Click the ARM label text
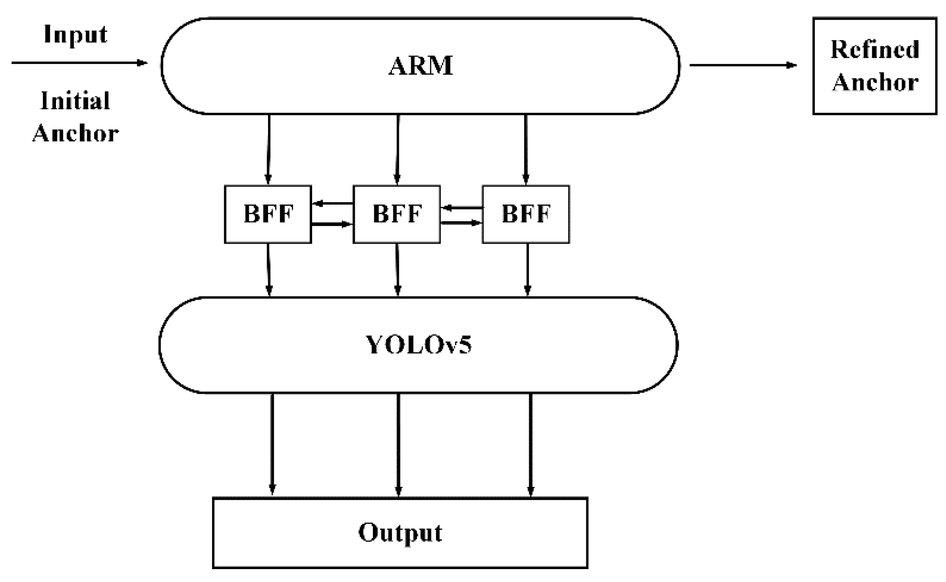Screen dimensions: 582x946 (x=421, y=66)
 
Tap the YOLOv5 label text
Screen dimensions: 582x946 (x=418, y=345)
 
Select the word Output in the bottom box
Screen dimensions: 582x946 (x=400, y=532)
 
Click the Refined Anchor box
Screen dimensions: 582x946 (x=874, y=66)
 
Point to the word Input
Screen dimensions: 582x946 (x=76, y=34)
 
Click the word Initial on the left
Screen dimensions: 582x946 (x=76, y=101)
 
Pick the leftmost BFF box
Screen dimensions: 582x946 (x=268, y=214)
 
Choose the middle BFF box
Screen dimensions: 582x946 (x=397, y=214)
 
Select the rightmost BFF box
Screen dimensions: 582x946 (x=525, y=214)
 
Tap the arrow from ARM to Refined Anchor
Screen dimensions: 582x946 (x=742, y=65)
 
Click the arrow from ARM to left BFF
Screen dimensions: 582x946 (x=269, y=149)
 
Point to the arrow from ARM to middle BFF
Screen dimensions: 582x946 (x=397, y=149)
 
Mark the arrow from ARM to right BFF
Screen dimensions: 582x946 (x=525, y=149)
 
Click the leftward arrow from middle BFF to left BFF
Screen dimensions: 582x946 (x=333, y=204)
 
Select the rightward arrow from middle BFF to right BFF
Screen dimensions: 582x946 (x=461, y=223)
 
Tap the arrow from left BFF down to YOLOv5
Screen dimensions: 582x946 (x=269, y=269)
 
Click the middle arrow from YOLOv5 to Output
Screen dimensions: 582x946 (x=398, y=445)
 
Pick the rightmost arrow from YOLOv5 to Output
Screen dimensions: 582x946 (x=530, y=445)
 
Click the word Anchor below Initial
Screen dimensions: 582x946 (x=76, y=133)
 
